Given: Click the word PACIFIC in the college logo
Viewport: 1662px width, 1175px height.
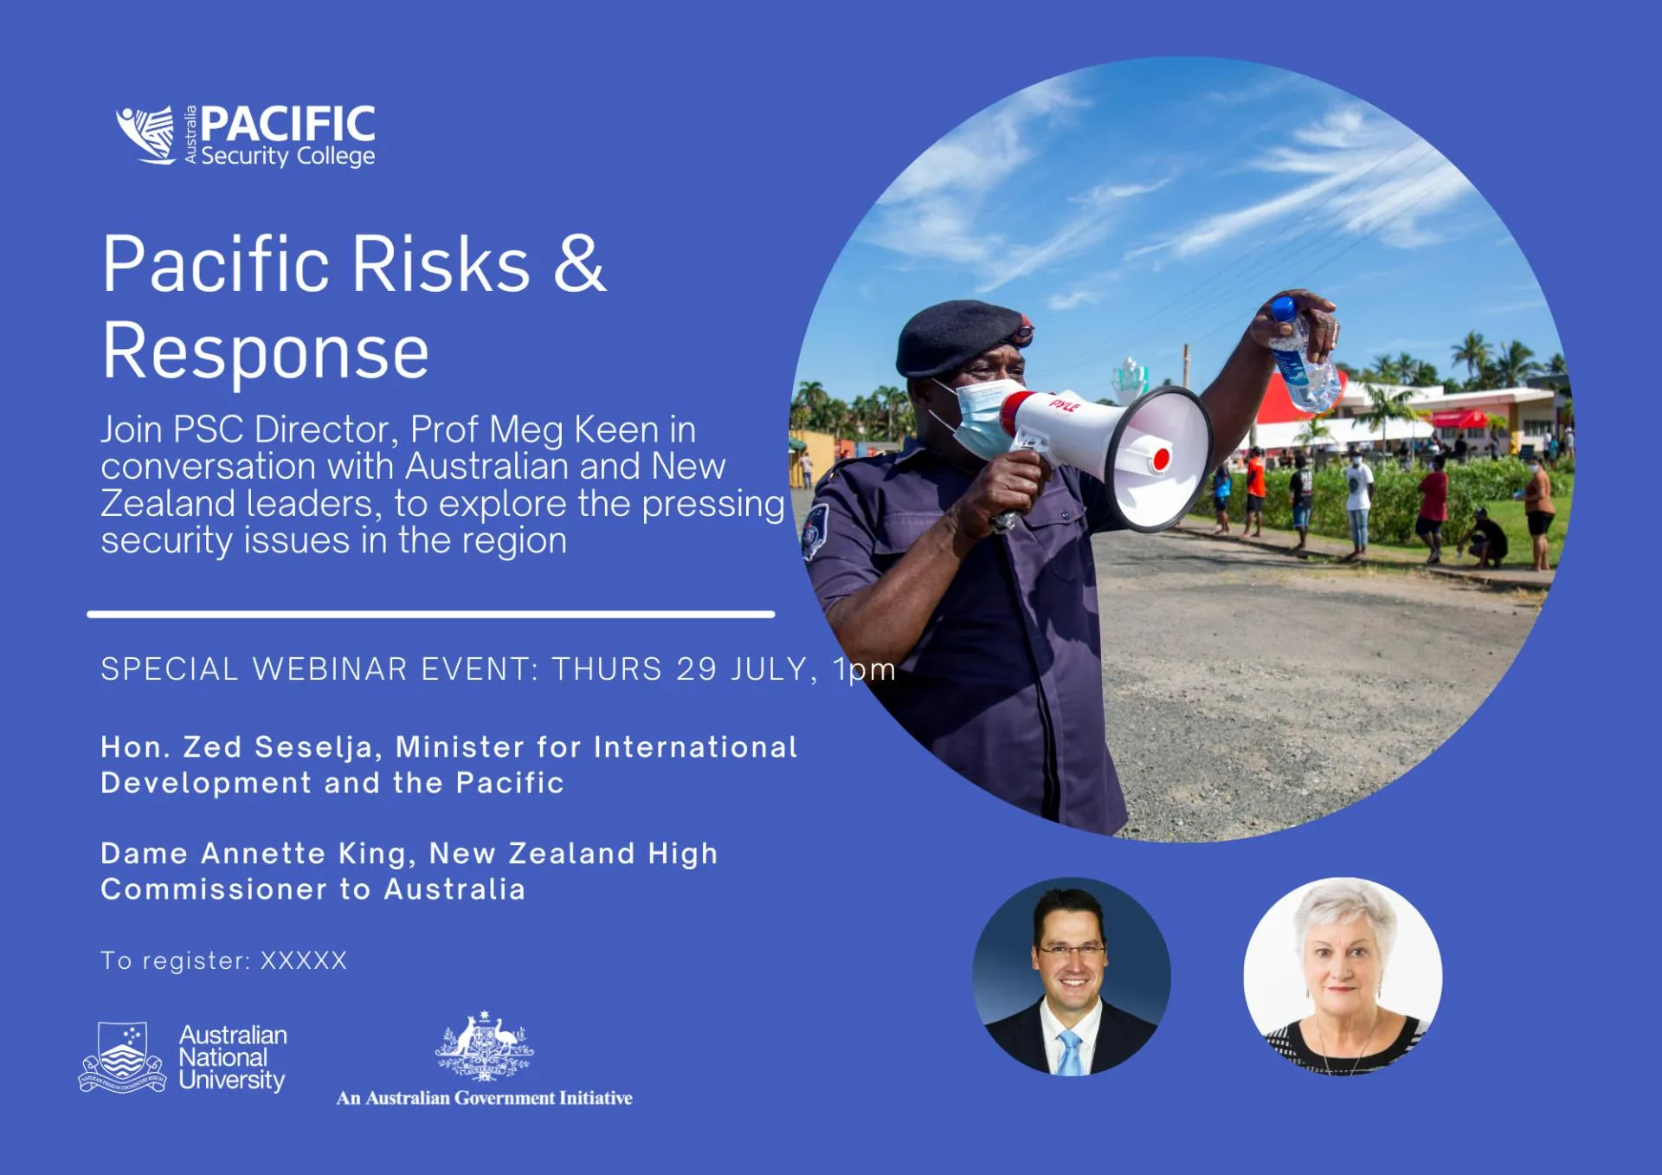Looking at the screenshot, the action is (x=288, y=124).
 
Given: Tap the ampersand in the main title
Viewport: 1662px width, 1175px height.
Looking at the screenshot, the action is (x=579, y=263).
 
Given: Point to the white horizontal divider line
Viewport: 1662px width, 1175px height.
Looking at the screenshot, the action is (x=431, y=614).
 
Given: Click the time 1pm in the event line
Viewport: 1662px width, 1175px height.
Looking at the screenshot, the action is (x=864, y=670).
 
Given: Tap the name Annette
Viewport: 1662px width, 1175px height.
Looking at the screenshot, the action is (x=263, y=854).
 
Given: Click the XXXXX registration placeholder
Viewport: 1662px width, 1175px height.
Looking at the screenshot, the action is (x=304, y=960).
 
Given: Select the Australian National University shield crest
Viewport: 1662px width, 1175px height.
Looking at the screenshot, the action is (x=122, y=1057).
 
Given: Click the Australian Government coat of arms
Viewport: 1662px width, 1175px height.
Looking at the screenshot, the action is (x=484, y=1046).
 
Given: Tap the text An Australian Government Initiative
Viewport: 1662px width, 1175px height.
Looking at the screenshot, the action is (x=484, y=1098).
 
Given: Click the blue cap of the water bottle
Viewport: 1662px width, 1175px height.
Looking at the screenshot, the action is (x=1283, y=309).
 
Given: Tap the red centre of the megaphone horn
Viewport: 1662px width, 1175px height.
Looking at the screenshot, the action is (x=1162, y=459).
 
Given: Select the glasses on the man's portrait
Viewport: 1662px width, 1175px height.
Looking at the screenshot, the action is (x=1072, y=951).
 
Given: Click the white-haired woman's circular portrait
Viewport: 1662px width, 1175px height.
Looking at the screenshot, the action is (x=1343, y=977).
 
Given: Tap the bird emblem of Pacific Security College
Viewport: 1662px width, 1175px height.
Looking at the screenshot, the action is (x=147, y=134).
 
